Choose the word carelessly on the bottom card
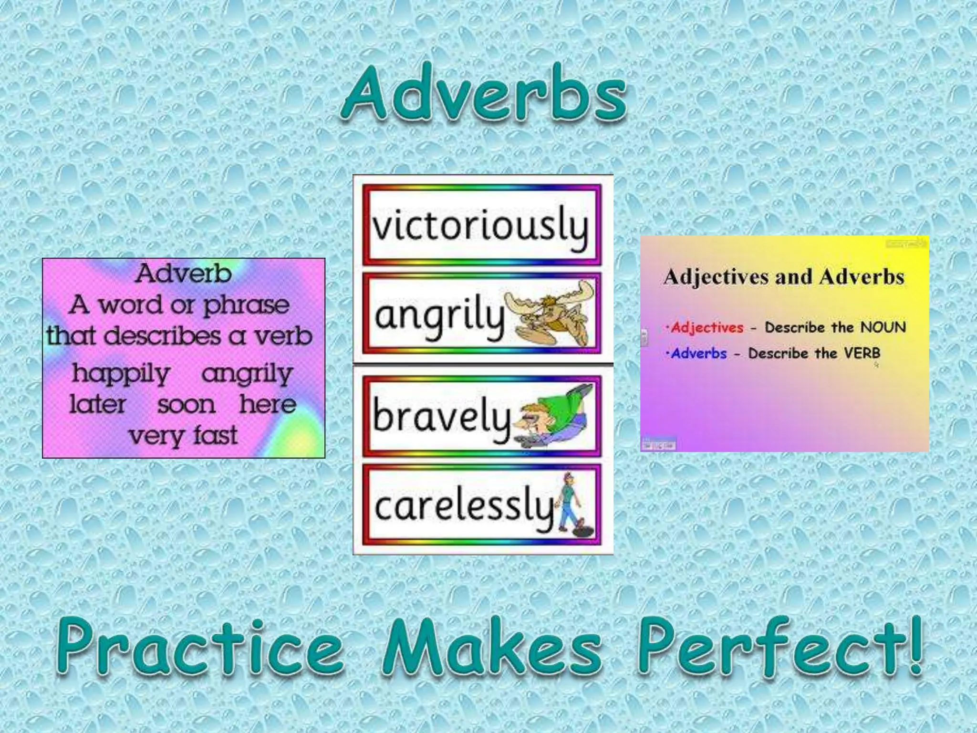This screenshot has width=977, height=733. click(x=463, y=507)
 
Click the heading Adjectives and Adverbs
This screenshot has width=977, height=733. click(x=784, y=277)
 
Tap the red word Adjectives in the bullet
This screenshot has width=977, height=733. click(x=707, y=328)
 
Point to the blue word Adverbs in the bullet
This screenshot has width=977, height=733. click(x=699, y=354)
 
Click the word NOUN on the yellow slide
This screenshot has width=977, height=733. click(x=883, y=327)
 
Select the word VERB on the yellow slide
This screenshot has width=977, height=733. click(x=862, y=354)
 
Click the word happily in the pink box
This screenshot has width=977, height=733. click(x=121, y=374)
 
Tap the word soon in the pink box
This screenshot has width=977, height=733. click(x=186, y=405)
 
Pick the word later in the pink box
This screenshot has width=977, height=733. click(x=97, y=405)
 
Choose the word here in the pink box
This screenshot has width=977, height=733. click(x=268, y=405)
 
